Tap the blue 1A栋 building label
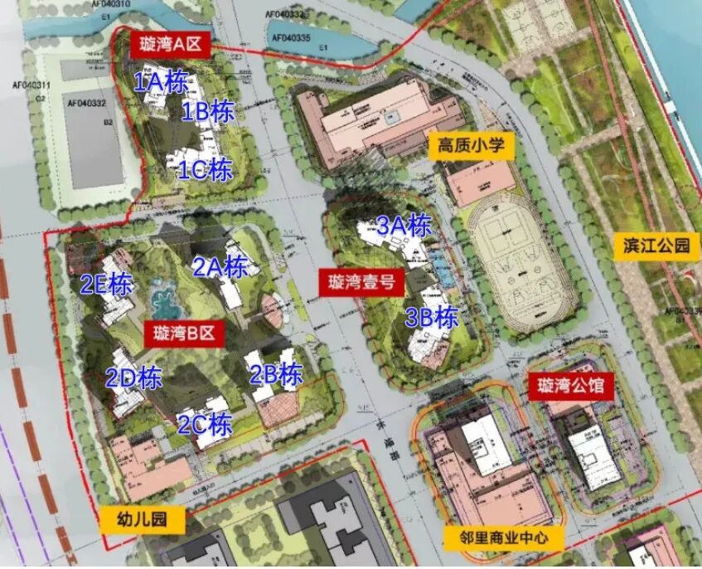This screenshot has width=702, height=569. (x=162, y=81)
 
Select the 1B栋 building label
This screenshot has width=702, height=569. (x=208, y=111)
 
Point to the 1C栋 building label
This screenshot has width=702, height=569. (x=205, y=170)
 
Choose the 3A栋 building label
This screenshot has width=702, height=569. (x=404, y=226)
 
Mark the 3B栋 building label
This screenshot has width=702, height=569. (x=432, y=318)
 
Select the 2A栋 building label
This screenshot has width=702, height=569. (x=220, y=267)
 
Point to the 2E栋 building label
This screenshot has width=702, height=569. (x=106, y=284)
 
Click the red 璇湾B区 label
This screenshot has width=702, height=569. (x=184, y=334)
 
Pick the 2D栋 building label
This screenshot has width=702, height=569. (x=133, y=378)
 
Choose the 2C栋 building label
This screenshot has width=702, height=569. (x=205, y=425)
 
